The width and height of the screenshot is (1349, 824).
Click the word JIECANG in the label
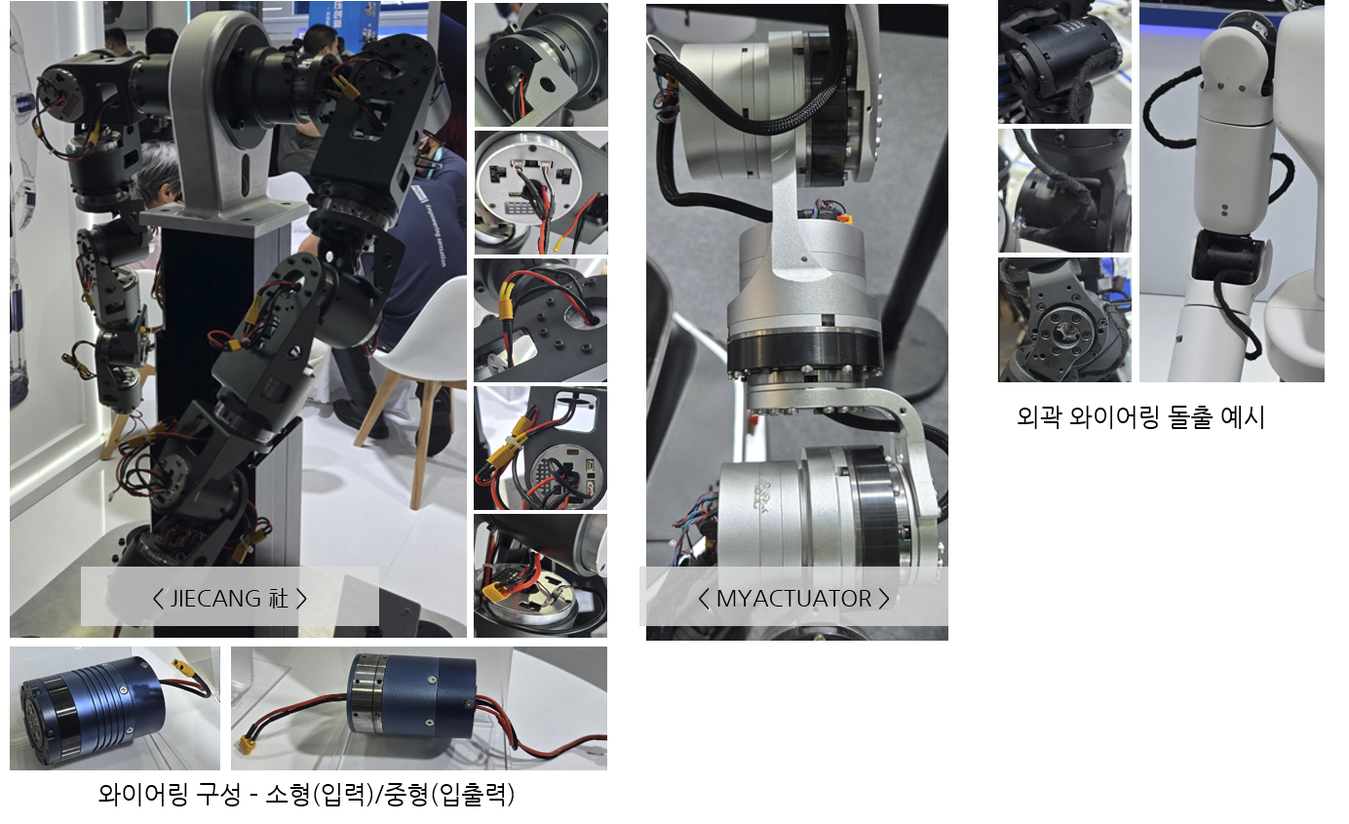pyautogui.click(x=215, y=599)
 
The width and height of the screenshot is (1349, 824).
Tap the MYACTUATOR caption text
pyautogui.click(x=793, y=599)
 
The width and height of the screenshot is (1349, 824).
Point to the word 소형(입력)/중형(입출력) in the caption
pyautogui.click(x=390, y=795)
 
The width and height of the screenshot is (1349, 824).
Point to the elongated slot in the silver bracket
pyautogui.click(x=245, y=176)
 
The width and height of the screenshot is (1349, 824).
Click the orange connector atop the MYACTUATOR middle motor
pyautogui.click(x=845, y=218)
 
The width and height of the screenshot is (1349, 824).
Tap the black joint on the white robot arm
pyautogui.click(x=1227, y=257)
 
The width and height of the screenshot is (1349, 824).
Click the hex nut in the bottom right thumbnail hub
pyautogui.click(x=1067, y=329)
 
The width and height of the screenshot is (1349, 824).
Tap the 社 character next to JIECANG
pyautogui.click(x=278, y=599)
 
